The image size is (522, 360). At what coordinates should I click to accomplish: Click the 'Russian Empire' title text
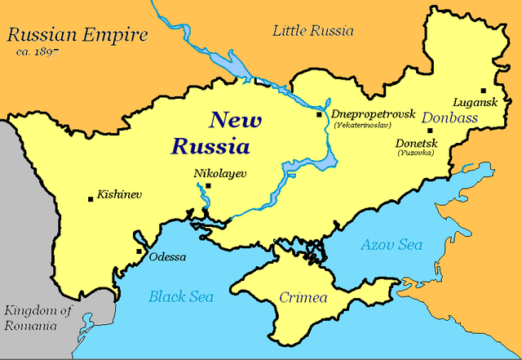click(x=77, y=35)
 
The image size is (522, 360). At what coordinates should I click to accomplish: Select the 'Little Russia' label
click(x=313, y=31)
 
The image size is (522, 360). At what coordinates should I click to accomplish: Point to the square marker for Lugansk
click(x=483, y=91)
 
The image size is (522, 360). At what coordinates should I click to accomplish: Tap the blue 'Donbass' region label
click(x=450, y=118)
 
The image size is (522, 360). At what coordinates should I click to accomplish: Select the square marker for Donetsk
click(x=430, y=130)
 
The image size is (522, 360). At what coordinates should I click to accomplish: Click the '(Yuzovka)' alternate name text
click(x=417, y=153)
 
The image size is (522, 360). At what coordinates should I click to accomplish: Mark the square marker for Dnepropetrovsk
click(x=321, y=115)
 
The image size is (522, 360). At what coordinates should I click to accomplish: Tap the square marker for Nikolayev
click(x=209, y=186)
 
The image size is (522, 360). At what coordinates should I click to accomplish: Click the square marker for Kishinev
click(x=90, y=198)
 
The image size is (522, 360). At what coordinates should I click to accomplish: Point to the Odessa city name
click(x=167, y=257)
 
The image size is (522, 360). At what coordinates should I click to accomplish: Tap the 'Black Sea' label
click(x=181, y=296)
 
